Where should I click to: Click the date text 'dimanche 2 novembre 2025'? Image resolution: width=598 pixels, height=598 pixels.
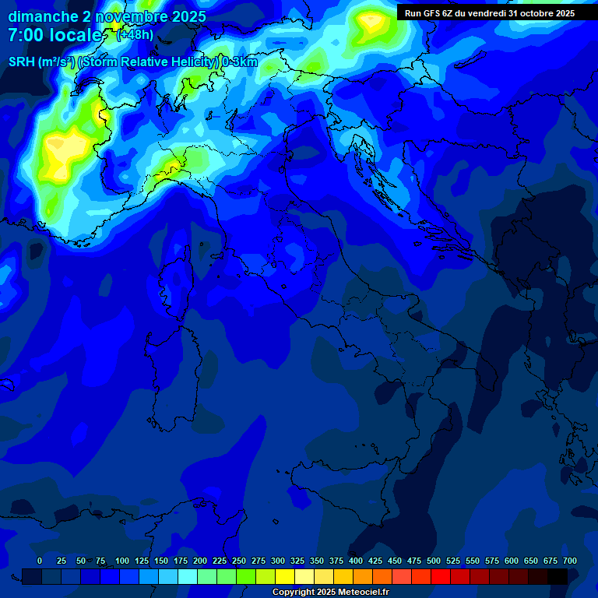(x=107, y=16)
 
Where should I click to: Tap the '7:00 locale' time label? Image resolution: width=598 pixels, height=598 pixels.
(x=55, y=35)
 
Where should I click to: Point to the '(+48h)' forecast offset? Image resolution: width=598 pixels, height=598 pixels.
(x=135, y=35)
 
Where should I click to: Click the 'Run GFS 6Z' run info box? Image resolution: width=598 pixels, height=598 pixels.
(x=490, y=13)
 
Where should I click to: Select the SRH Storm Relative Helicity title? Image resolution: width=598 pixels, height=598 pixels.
(x=133, y=62)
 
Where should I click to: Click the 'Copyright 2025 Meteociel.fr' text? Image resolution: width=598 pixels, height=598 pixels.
(x=330, y=593)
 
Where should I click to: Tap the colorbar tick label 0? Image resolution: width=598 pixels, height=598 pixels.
(x=40, y=561)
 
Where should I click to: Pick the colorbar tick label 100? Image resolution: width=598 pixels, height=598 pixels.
(x=122, y=561)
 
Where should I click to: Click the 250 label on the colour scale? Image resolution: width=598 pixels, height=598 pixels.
(x=239, y=561)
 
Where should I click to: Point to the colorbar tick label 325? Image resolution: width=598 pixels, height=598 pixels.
(x=297, y=561)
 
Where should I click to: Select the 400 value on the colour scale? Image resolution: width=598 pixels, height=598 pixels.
(x=356, y=561)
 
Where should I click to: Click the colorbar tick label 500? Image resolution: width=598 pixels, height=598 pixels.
(x=434, y=561)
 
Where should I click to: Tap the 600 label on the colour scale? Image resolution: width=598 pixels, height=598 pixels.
(x=512, y=561)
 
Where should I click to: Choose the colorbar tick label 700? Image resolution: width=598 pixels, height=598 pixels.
(x=569, y=561)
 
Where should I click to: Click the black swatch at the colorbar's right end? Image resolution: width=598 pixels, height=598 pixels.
(x=558, y=576)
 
